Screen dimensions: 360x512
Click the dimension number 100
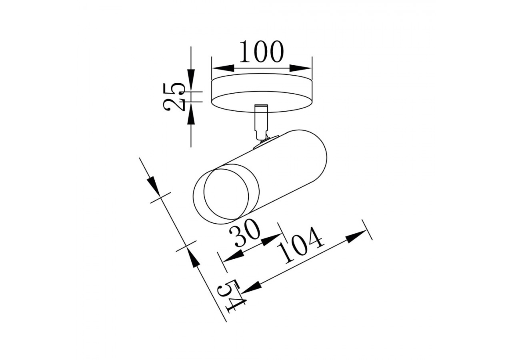click(x=261, y=52)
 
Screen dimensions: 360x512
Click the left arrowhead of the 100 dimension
click(x=222, y=68)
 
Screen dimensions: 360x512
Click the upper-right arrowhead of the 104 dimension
click(x=356, y=236)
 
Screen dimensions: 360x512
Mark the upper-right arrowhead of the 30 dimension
click(x=272, y=240)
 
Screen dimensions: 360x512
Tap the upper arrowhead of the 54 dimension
click(x=153, y=184)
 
